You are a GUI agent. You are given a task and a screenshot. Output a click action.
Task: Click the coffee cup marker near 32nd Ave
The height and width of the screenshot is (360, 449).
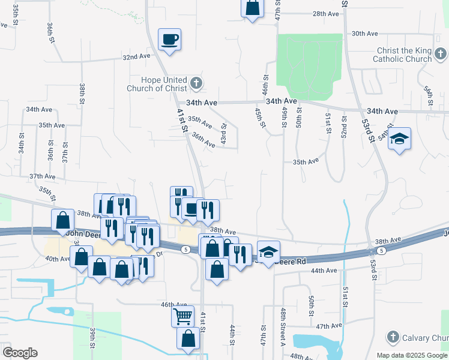click(169, 40)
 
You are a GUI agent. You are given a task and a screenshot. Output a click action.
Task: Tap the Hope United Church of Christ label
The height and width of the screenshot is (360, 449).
click(156, 84)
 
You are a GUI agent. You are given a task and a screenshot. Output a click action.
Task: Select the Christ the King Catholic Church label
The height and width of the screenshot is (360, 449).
click(402, 55)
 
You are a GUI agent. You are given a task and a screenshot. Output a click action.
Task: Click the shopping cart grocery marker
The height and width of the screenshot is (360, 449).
click(182, 315)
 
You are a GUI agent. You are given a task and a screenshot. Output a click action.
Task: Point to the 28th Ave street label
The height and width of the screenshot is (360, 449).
click(327, 13)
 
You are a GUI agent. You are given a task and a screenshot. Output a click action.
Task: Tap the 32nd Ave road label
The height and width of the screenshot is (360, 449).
click(136, 57)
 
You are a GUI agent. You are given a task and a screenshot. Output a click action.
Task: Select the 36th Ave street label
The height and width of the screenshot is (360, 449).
click(203, 140)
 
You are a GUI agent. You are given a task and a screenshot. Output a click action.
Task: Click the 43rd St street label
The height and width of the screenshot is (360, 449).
click(223, 133)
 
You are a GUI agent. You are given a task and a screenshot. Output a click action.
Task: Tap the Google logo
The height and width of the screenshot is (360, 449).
click(20, 353)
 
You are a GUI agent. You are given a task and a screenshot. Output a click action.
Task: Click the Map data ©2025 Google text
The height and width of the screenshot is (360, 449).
click(412, 355)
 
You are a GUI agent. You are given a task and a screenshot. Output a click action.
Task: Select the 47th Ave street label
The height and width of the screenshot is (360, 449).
click(329, 326)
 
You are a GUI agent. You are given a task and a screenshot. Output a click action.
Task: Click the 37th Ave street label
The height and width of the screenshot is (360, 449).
click(42, 176)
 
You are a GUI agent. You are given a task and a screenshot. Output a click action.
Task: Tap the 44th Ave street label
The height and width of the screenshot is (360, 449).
click(324, 271)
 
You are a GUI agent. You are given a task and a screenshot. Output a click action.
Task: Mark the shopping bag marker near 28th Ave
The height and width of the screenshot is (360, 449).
click(253, 8)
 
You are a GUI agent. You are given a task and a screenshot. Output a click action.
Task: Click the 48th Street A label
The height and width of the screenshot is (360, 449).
click(282, 328)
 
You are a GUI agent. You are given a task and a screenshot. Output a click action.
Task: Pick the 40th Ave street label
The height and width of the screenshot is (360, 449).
click(58, 259)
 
